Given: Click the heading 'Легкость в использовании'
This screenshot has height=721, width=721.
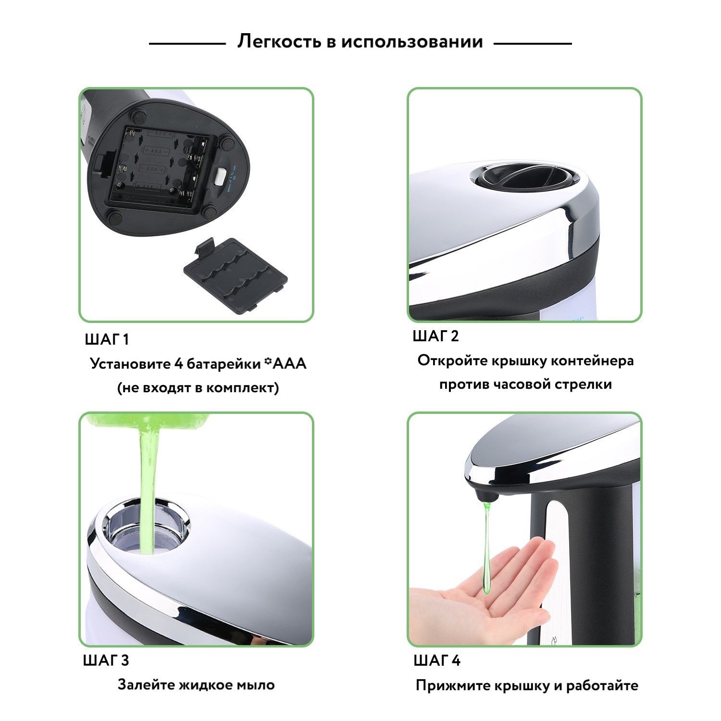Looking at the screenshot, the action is pyautogui.click(x=360, y=42).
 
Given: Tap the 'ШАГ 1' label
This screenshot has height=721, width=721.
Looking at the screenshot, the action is pyautogui.click(x=107, y=340).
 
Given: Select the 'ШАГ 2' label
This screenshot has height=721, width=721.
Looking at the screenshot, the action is pyautogui.click(x=436, y=336).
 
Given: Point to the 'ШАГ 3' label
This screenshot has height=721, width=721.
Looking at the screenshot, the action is pyautogui.click(x=106, y=660).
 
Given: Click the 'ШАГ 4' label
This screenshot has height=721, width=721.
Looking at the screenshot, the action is pyautogui.click(x=437, y=660).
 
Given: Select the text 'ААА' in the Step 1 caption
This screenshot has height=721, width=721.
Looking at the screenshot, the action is pyautogui.click(x=289, y=363).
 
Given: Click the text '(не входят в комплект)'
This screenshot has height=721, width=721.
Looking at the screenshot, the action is pyautogui.click(x=198, y=388).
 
